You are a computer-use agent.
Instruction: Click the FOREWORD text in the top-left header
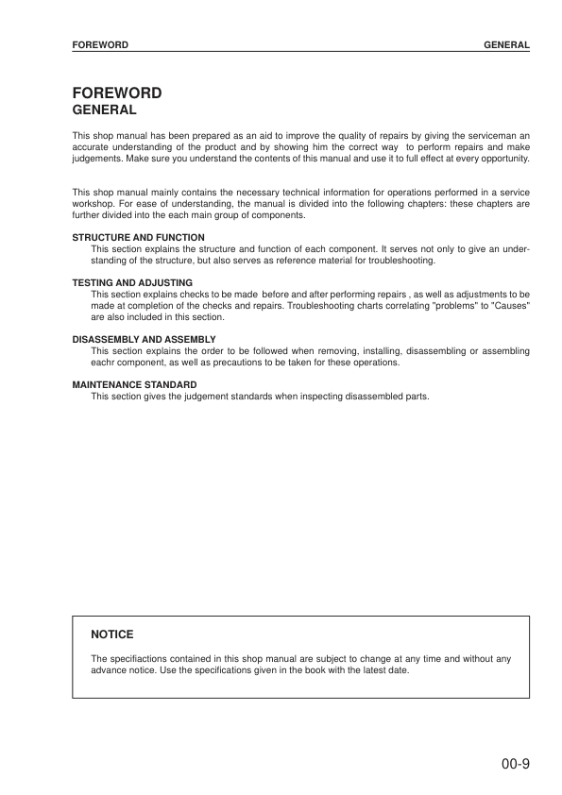[x=100, y=44]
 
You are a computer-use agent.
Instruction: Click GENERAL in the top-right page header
[x=506, y=44]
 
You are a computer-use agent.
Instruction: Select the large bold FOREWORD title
[x=117, y=93]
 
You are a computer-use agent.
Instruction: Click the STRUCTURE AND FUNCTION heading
[x=138, y=238]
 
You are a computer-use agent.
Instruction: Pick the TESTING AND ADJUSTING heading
[x=132, y=282]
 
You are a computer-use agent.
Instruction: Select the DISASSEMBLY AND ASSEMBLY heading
[x=144, y=339]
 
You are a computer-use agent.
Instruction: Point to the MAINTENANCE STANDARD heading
[x=134, y=384]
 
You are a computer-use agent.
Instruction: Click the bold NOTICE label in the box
[x=111, y=634]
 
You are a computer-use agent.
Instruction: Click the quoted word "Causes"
[x=512, y=307]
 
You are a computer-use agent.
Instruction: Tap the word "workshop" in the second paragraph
[x=93, y=204]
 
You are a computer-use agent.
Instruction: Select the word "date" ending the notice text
[x=398, y=669]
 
